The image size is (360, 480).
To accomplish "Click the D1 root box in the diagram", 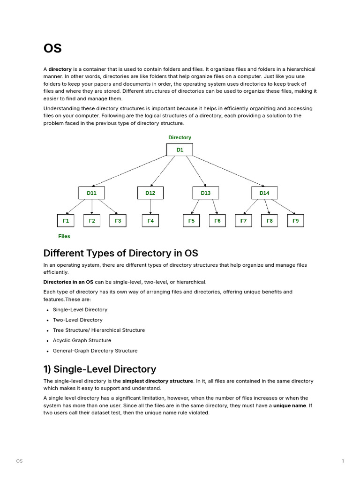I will coord(180,150).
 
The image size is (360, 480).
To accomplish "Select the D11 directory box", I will coord(91,193).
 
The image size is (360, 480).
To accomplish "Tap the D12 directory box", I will coord(150,193).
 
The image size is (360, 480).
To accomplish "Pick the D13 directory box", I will coord(205,193).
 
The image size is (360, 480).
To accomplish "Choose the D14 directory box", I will coord(264,193).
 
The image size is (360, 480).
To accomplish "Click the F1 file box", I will coord(66,220).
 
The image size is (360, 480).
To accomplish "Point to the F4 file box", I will coord(150,220).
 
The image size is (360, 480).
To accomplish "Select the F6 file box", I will coord(217,220).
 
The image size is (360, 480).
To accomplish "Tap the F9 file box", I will coord(295,220).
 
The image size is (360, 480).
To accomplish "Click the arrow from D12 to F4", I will coord(150,206).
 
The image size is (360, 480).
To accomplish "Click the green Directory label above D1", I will coord(180,137).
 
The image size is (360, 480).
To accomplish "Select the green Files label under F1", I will coord(64,236).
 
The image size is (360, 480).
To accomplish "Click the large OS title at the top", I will coord(52,48).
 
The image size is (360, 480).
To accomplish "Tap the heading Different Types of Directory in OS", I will coord(120,253).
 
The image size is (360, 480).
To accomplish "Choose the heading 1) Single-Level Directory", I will coord(99,369).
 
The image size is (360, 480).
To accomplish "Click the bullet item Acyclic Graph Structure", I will coord(82,340).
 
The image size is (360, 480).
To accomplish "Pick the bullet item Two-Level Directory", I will coord(77,320).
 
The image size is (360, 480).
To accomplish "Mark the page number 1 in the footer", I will coord(343,461).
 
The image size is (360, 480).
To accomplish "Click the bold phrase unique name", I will coord(289,405).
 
